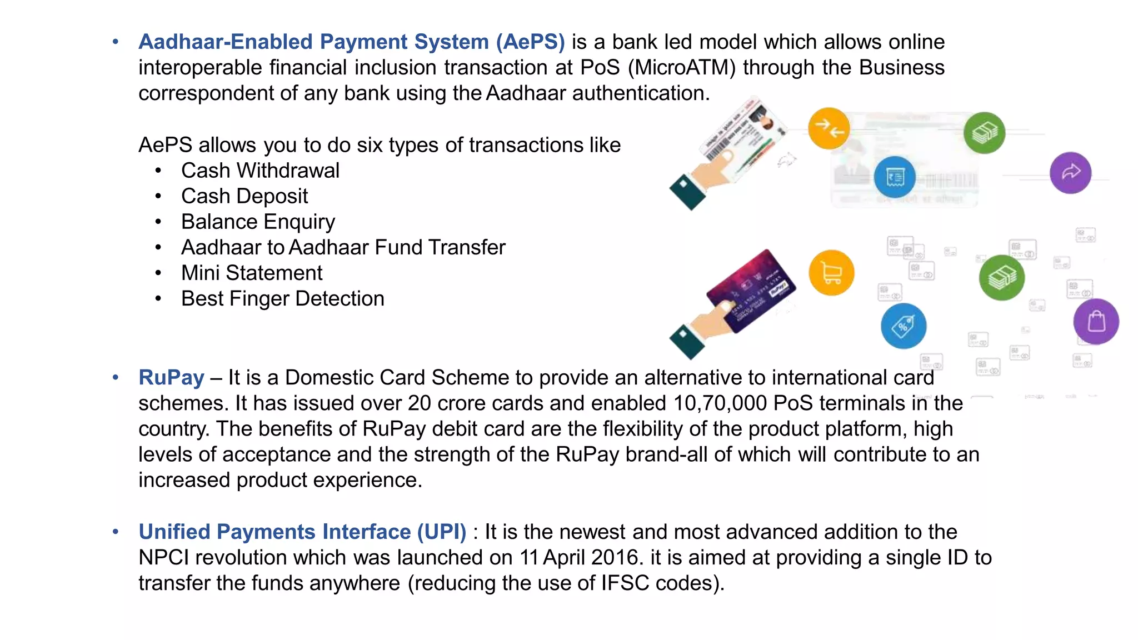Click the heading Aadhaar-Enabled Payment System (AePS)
[351, 42]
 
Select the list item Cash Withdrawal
[260, 171]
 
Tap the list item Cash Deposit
[244, 196]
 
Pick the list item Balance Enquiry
[258, 222]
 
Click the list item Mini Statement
[252, 273]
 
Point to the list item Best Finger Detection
[282, 299]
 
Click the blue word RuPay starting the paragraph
[171, 378]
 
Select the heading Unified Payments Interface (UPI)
[302, 532]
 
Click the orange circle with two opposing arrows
[828, 129]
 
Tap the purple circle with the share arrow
[1070, 173]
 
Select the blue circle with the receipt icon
[894, 177]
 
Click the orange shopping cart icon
[831, 273]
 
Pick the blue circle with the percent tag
[904, 326]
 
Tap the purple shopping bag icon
[1096, 322]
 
